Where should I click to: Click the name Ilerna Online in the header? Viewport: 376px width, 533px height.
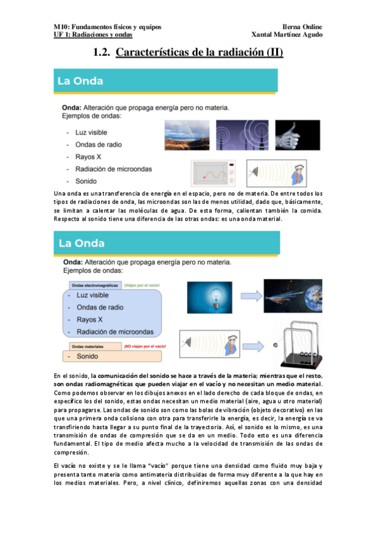[302, 27]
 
